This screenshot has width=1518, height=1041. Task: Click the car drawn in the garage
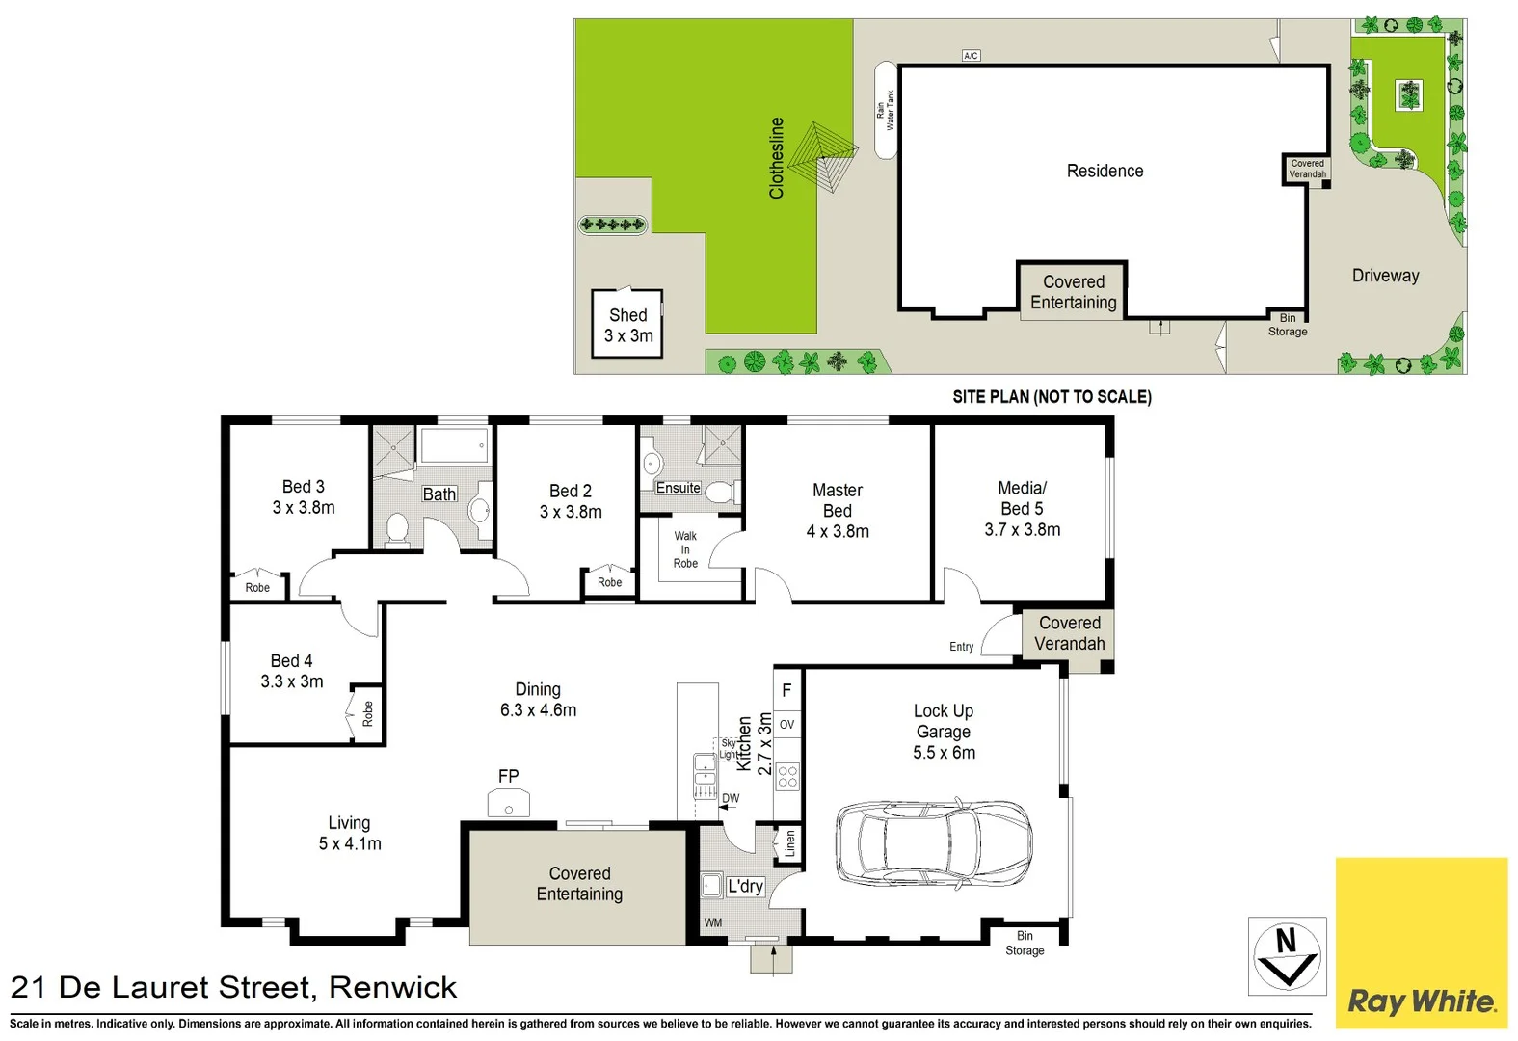(x=933, y=842)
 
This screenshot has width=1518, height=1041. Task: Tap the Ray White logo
(x=1421, y=1001)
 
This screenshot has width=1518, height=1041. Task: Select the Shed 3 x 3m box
(x=627, y=325)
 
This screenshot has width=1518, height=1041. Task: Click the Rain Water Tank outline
(x=885, y=111)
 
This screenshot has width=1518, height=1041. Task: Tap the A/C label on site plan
(x=971, y=56)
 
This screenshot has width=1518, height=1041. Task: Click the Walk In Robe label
(x=685, y=549)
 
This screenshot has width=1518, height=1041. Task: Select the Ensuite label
(x=678, y=488)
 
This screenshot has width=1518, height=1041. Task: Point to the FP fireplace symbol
(x=508, y=802)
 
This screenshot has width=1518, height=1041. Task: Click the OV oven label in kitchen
(x=786, y=725)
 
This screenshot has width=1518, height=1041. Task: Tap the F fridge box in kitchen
(x=786, y=690)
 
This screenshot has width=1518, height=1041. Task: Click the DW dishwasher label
(x=731, y=798)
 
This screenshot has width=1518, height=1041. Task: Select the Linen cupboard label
(x=790, y=844)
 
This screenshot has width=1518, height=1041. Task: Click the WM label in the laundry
(x=712, y=922)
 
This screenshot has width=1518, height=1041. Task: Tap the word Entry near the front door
(x=961, y=647)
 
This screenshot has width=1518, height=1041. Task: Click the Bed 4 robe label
(x=367, y=713)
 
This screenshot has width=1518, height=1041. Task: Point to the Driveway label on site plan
(x=1385, y=276)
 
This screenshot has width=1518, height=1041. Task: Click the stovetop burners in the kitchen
(x=787, y=777)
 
